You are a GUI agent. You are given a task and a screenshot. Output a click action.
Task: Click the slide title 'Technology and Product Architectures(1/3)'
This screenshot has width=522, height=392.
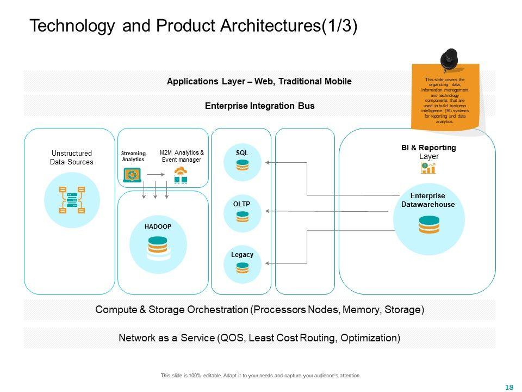pyautogui.click(x=193, y=26)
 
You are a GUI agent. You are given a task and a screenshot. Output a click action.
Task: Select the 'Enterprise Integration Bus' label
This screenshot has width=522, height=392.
pyautogui.click(x=259, y=106)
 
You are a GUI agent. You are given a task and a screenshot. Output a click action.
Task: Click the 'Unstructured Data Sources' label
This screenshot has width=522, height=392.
pyautogui.click(x=71, y=158)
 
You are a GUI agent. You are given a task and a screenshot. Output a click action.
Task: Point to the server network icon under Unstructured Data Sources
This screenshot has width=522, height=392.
pyautogui.click(x=71, y=199)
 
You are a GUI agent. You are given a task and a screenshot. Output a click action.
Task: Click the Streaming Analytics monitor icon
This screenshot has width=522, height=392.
pyautogui.click(x=132, y=175)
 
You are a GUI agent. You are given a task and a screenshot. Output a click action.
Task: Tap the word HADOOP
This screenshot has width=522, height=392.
pyautogui.click(x=158, y=226)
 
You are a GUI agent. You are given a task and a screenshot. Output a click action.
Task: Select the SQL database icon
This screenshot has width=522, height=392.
pyautogui.click(x=243, y=166)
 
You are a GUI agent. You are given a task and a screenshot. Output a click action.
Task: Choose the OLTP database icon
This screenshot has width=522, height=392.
pyautogui.click(x=243, y=217)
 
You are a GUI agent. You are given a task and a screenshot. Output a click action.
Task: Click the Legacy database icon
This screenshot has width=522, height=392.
pyautogui.click(x=243, y=267)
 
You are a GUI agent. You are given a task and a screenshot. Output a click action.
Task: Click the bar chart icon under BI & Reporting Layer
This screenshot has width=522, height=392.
pyautogui.click(x=428, y=168)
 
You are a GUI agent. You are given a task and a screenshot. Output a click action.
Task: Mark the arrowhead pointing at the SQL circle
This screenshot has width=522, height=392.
pyautogui.click(x=267, y=162)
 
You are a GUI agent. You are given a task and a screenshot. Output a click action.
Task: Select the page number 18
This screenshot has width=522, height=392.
pyautogui.click(x=509, y=387)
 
